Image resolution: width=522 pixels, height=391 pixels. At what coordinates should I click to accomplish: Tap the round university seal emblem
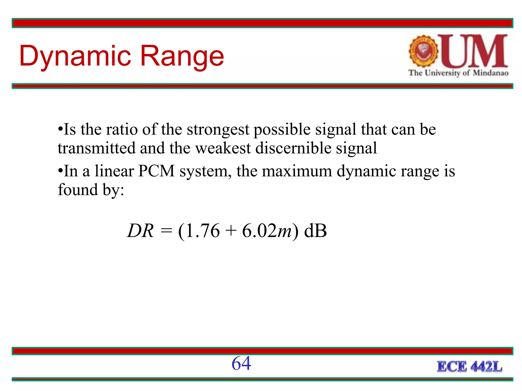pyautogui.click(x=423, y=51)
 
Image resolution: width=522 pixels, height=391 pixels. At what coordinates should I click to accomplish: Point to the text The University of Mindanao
pyautogui.click(x=458, y=73)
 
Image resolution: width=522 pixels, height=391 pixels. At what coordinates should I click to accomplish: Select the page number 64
pyautogui.click(x=241, y=363)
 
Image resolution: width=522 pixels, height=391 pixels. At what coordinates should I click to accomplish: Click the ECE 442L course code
pyautogui.click(x=469, y=367)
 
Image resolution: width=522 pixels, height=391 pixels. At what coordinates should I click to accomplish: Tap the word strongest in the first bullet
pyautogui.click(x=218, y=130)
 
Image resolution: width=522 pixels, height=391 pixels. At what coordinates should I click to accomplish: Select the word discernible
pyautogui.click(x=293, y=148)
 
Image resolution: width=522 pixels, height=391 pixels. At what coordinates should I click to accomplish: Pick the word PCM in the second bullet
pyautogui.click(x=156, y=171)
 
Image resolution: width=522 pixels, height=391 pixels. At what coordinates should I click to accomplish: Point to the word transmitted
pyautogui.click(x=97, y=148)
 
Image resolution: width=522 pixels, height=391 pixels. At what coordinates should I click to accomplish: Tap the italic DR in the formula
pyautogui.click(x=140, y=231)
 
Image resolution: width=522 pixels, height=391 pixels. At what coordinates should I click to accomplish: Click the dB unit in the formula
pyautogui.click(x=316, y=231)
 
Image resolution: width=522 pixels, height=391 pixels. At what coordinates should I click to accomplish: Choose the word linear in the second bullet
pyautogui.click(x=114, y=171)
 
